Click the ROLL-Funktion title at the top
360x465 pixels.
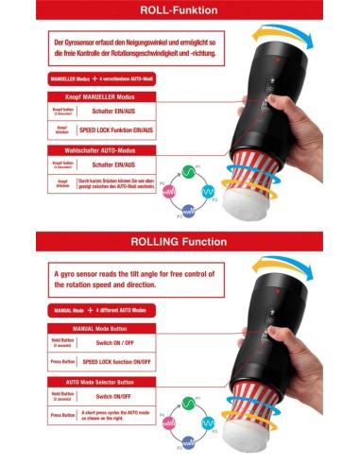[180, 12]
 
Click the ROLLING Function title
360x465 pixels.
[180, 242]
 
